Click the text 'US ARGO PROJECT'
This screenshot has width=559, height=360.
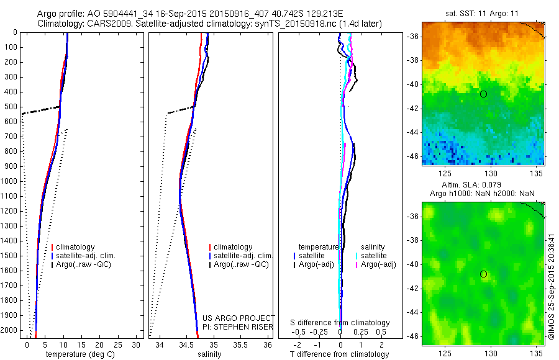point(239,318)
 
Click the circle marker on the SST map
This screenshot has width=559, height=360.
point(483,94)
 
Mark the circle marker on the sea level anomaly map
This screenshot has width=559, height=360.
point(483,274)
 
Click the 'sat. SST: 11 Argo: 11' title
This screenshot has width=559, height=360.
point(483,13)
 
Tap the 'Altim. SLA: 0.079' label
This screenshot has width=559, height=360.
point(483,185)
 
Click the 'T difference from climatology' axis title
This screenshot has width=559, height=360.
point(340,354)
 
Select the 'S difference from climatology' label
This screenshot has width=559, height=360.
point(340,323)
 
